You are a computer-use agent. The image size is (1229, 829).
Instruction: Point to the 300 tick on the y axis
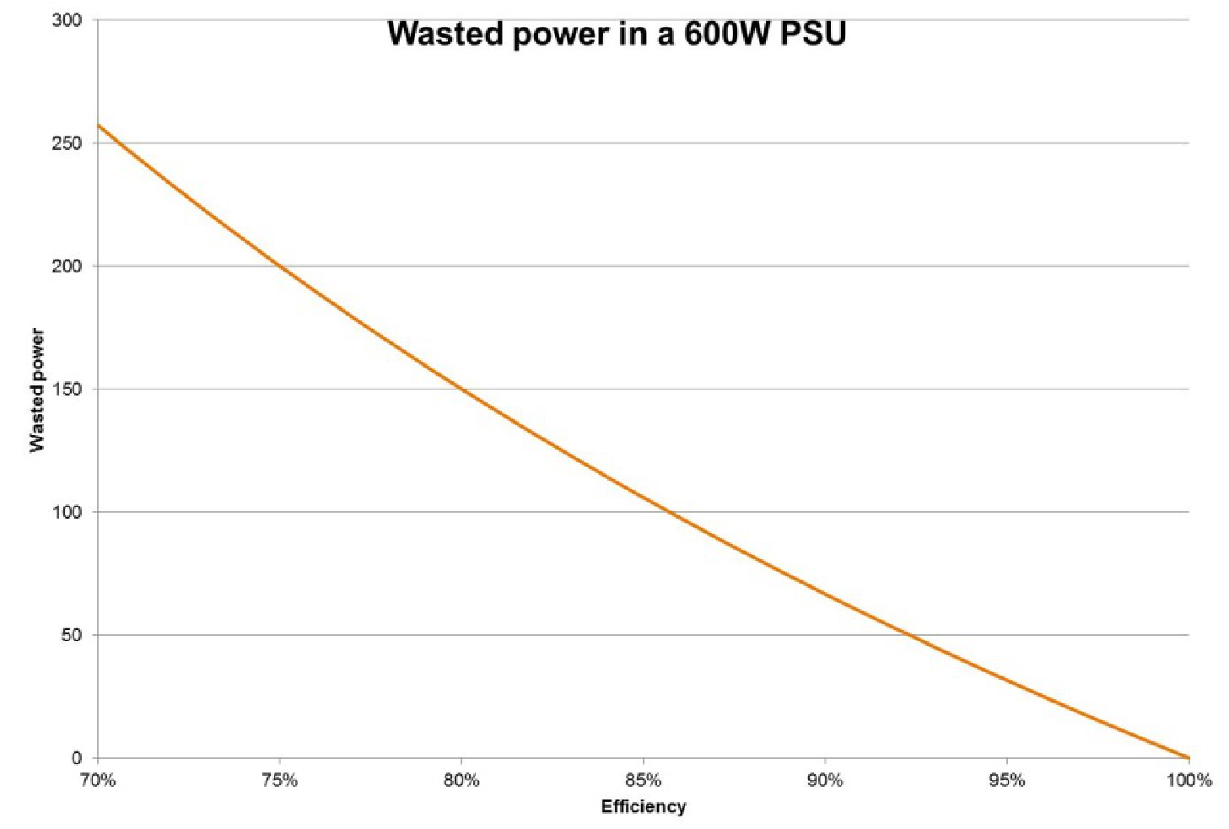(x=68, y=20)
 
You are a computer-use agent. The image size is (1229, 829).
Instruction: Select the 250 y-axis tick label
(x=68, y=143)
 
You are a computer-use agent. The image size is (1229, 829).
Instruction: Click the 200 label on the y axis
(x=68, y=266)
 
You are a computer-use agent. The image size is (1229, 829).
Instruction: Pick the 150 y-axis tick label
(x=68, y=390)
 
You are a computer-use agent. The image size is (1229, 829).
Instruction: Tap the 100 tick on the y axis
(x=68, y=512)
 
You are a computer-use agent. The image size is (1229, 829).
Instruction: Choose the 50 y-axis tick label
(x=73, y=635)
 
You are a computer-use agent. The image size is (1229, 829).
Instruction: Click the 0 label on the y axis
(x=77, y=758)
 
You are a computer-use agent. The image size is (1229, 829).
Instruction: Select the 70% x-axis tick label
(x=98, y=781)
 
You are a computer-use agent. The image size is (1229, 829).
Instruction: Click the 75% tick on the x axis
(x=280, y=781)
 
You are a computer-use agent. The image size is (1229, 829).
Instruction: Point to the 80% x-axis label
(x=461, y=781)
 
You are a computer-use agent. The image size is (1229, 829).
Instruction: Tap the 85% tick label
(x=644, y=781)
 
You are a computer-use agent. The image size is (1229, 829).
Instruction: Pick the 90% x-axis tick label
(x=825, y=781)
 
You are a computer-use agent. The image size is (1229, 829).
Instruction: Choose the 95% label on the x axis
(x=1007, y=781)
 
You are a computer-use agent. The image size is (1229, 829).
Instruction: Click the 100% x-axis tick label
(x=1189, y=781)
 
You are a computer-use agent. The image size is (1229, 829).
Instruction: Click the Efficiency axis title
(x=644, y=807)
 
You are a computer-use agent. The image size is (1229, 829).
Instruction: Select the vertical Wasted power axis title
(x=37, y=390)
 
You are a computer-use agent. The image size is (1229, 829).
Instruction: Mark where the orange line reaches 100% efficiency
(x=1188, y=756)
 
